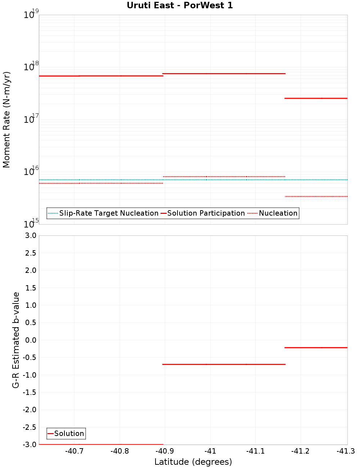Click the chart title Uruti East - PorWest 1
click(x=180, y=5)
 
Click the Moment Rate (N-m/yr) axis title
click(x=7, y=120)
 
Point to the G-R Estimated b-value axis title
click(x=16, y=340)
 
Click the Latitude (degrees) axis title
click(x=193, y=462)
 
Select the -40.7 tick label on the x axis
click(x=75, y=451)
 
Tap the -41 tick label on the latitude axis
click(x=210, y=451)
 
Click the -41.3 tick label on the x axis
click(x=346, y=451)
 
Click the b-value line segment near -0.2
click(x=316, y=347)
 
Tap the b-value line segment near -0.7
click(x=224, y=364)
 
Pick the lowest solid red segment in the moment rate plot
click(x=316, y=98)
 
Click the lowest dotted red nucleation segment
click(x=316, y=196)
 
